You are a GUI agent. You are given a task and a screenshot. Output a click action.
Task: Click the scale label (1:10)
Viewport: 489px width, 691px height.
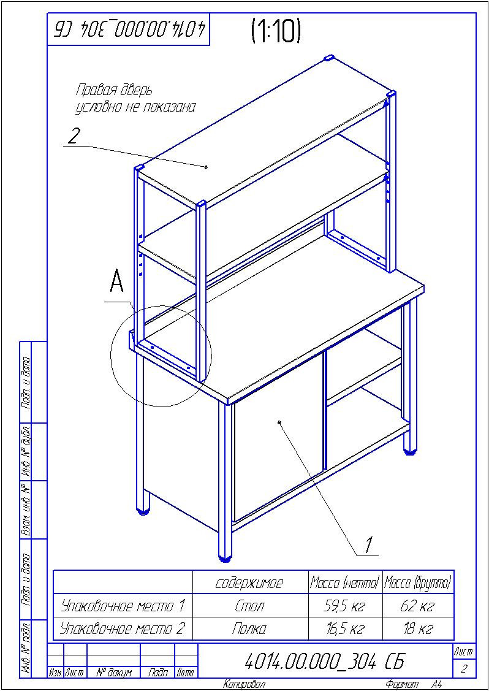click(276, 31)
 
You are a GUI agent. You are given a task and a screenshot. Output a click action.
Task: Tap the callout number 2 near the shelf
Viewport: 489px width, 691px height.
click(74, 136)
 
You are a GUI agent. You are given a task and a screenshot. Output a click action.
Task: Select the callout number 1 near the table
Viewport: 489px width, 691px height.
click(369, 544)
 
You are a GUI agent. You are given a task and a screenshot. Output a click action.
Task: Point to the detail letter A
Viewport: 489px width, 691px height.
click(116, 283)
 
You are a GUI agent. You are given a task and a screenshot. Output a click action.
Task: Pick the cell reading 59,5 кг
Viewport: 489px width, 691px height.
click(344, 606)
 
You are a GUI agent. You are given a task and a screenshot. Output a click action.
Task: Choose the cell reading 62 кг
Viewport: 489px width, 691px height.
click(418, 606)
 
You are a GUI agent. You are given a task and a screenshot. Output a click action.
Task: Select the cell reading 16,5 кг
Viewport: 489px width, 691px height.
click(344, 629)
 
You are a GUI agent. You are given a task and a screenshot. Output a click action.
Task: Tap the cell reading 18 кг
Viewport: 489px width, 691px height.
click(418, 629)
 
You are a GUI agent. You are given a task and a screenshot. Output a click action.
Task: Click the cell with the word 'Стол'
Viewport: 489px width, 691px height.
click(250, 606)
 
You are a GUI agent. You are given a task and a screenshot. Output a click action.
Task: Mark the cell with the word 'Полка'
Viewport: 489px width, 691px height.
click(250, 629)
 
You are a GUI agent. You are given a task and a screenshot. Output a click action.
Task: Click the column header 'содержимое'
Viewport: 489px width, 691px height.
click(250, 582)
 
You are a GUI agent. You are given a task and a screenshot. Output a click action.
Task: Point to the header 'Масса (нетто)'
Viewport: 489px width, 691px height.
click(344, 582)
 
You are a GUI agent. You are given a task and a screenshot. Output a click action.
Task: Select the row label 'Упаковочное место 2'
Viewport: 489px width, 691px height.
click(123, 629)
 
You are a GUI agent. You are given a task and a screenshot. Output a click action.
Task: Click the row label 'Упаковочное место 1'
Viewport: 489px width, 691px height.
click(123, 606)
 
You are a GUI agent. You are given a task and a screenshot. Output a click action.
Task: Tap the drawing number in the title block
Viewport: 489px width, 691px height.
click(324, 662)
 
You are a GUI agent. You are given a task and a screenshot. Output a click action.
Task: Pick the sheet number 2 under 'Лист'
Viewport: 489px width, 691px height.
click(463, 669)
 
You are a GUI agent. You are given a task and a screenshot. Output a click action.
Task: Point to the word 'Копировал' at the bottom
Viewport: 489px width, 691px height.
click(244, 684)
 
